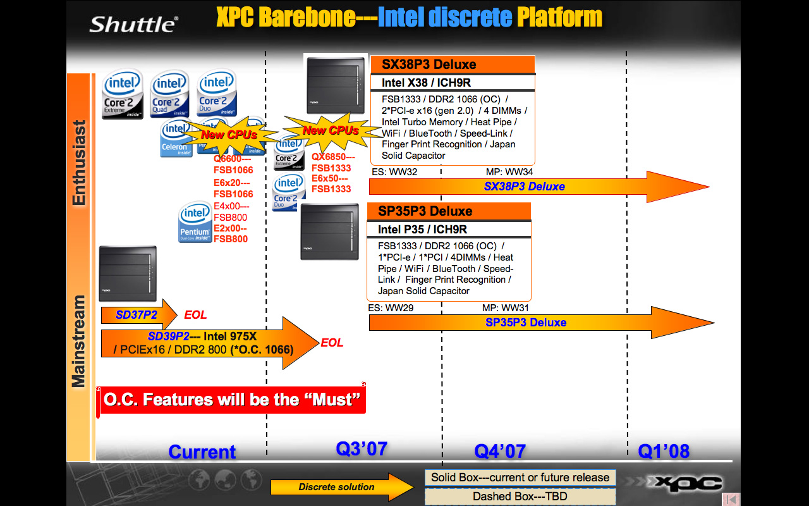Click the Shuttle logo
tap(133, 24)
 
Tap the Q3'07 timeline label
tap(361, 449)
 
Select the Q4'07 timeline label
tap(500, 452)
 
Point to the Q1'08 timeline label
tap(663, 452)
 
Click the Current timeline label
tap(202, 452)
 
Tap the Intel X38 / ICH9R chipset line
tap(426, 83)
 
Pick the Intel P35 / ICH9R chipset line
tap(422, 230)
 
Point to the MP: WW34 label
tap(509, 172)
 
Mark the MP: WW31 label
tap(505, 308)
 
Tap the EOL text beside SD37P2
tap(195, 315)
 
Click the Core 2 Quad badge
tap(169, 94)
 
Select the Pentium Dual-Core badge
tap(195, 223)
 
